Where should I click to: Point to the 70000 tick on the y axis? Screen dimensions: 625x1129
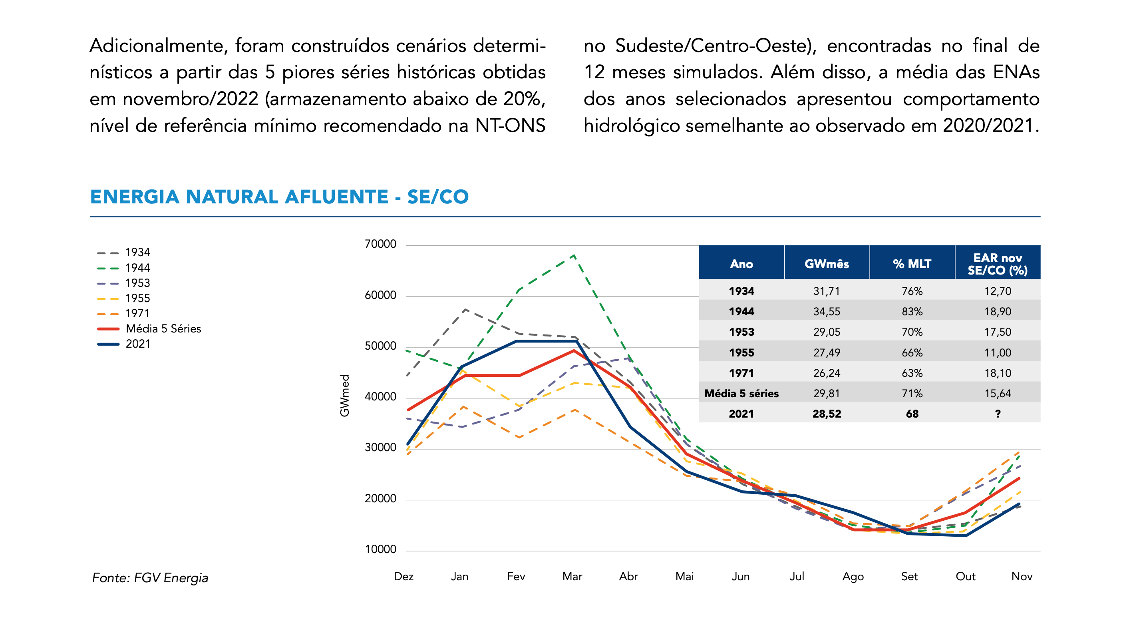(380, 244)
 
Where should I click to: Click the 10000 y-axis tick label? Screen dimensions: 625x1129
(380, 549)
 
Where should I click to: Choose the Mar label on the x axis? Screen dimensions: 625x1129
(572, 576)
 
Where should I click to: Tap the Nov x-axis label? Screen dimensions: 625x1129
(1021, 576)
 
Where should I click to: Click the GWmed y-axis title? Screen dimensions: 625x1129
(345, 395)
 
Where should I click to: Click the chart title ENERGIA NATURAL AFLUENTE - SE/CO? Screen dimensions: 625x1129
(279, 197)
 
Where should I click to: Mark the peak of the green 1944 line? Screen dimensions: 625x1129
(574, 255)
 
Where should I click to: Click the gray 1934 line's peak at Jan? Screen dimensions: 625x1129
(464, 309)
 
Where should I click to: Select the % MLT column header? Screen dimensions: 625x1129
(912, 264)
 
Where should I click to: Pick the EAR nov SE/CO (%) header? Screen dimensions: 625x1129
(997, 264)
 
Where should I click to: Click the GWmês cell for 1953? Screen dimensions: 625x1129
(827, 332)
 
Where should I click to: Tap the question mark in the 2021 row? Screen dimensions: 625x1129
(998, 414)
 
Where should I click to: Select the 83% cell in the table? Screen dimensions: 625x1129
(912, 312)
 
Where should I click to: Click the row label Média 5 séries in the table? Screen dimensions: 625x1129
(741, 394)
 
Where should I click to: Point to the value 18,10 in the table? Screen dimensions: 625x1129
(998, 373)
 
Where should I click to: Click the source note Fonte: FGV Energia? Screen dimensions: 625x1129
(150, 578)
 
